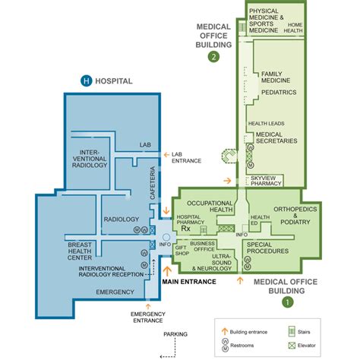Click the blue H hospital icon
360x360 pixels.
click(x=87, y=81)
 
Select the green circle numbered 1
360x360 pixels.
click(x=286, y=302)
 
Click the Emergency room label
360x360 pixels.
click(x=115, y=291)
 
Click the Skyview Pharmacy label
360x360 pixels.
click(x=263, y=183)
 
